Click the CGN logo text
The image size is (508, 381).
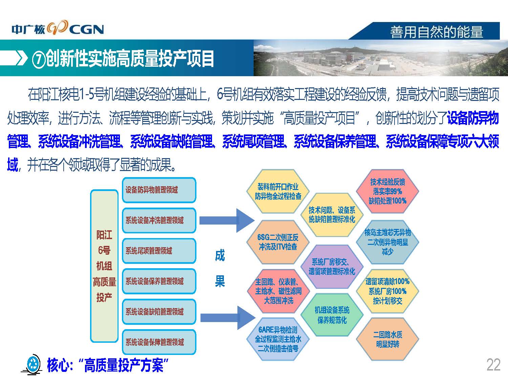pos(87,29)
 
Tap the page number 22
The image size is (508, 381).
pos(493,365)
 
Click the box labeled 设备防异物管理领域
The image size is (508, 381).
pos(159,190)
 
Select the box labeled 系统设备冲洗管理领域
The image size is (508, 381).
pos(159,220)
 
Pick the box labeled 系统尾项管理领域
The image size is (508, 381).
pos(159,251)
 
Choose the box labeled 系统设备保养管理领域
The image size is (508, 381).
pos(159,281)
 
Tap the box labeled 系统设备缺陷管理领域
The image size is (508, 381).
pos(159,312)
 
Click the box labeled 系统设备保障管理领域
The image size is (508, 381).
pos(159,342)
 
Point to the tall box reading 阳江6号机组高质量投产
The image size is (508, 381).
pos(104,266)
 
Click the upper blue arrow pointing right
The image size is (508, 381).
pos(227,220)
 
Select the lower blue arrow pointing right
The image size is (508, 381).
pos(228,318)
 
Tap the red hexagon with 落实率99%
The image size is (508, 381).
pos(387,192)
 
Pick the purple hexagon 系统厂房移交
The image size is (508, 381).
pos(332,267)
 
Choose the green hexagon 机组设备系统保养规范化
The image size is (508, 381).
pos(332,315)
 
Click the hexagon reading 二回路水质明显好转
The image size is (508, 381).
pos(387,339)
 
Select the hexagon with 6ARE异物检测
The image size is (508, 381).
pos(278,339)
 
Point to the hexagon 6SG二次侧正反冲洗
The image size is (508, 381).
pos(278,242)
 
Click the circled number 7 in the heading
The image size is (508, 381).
pos(38,59)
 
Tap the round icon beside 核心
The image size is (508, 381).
pos(33,365)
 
